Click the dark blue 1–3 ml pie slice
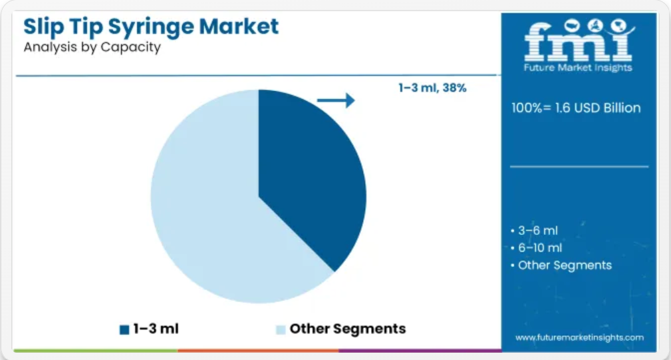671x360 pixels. tap(308, 171)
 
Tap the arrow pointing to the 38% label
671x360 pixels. tap(336, 100)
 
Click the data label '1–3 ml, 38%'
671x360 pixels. tap(432, 88)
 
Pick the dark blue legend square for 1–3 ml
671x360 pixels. tap(124, 329)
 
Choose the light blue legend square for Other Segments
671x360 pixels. tap(281, 329)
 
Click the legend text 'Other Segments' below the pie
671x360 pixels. tap(348, 329)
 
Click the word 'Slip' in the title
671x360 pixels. tap(43, 27)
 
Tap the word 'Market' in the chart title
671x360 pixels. tap(239, 26)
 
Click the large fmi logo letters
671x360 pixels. tap(579, 41)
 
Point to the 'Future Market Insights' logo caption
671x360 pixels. tap(578, 68)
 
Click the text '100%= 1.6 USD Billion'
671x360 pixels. tap(576, 108)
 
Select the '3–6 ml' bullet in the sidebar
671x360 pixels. tap(535, 231)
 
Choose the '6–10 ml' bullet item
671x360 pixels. tap(537, 248)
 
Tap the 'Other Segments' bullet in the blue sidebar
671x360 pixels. tap(561, 266)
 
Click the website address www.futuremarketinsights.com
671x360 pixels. tap(579, 337)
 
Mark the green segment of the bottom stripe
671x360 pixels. tap(96, 351)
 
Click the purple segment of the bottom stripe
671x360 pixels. tap(420, 351)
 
